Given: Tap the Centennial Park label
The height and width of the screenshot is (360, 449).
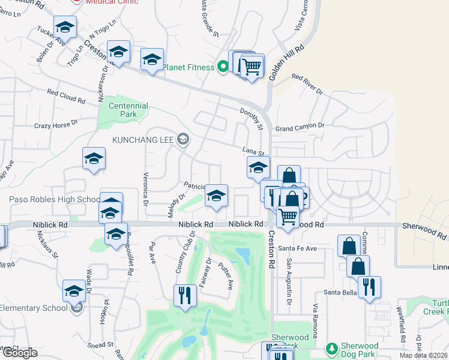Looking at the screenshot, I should coord(128,110).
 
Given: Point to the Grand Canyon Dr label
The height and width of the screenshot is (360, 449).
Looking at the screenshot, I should coord(300,127).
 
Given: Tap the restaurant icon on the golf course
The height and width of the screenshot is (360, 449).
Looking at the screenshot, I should coord(184,295).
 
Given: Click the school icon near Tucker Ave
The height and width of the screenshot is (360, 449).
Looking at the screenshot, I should coord(65,27).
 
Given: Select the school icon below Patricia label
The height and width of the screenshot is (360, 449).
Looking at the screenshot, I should coord(216,196).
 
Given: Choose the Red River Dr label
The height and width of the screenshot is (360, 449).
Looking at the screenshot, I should coord(307,85).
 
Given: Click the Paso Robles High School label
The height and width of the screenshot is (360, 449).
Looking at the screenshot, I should coord(54,200).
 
